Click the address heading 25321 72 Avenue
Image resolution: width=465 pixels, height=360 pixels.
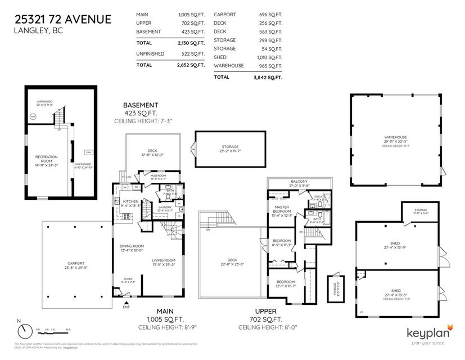(x=62, y=20)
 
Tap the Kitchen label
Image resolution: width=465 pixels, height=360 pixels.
(x=130, y=201)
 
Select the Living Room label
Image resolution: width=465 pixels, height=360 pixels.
(x=164, y=260)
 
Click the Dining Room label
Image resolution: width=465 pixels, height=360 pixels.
(x=132, y=246)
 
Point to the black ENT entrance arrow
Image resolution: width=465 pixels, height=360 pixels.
(x=125, y=303)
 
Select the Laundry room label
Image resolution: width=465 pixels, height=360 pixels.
(x=165, y=207)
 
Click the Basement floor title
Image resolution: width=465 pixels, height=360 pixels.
(x=141, y=105)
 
